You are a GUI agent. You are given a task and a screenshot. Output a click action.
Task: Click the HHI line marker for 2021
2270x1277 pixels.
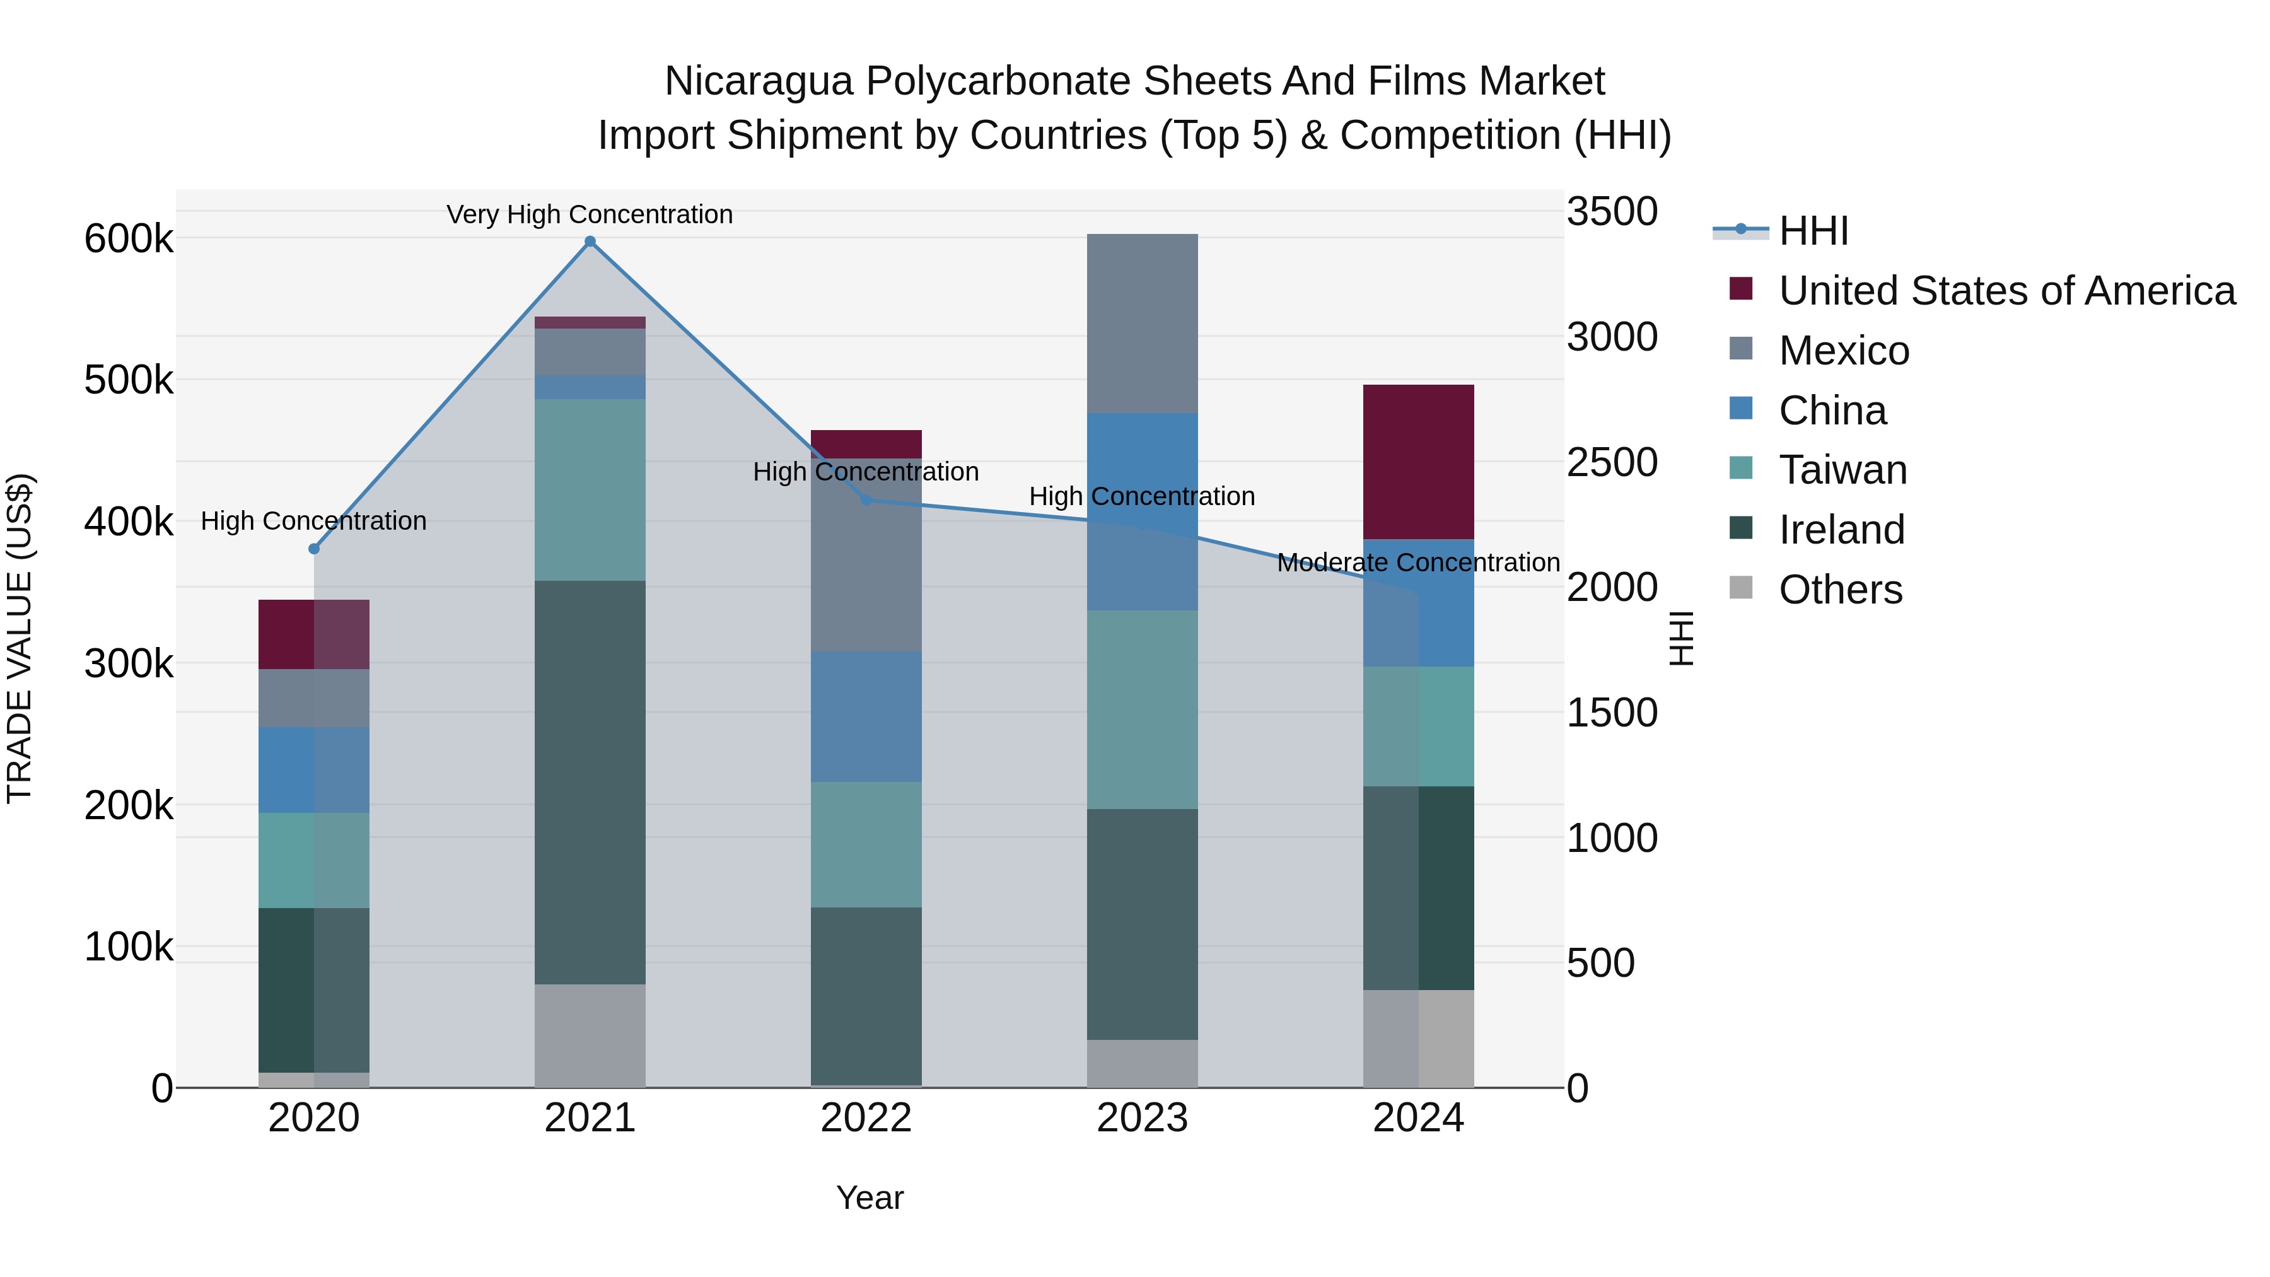(x=590, y=242)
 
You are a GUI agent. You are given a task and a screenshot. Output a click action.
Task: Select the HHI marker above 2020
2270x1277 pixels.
(x=314, y=549)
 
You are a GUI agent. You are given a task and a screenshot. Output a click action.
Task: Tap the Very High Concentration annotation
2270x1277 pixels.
(x=590, y=214)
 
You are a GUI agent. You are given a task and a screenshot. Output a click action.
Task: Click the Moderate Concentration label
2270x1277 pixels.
(x=1418, y=563)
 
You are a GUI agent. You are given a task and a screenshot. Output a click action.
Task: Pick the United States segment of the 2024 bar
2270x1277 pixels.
(x=1418, y=462)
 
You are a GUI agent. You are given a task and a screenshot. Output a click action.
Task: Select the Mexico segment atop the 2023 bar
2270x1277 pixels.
(x=1142, y=324)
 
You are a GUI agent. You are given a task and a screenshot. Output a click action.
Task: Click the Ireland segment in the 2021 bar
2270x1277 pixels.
(x=590, y=782)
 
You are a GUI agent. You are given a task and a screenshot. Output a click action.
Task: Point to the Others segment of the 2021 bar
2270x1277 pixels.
(x=590, y=1035)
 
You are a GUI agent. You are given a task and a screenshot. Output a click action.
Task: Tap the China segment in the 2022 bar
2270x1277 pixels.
(x=865, y=716)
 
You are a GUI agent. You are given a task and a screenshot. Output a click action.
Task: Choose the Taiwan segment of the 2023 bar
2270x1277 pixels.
(x=1142, y=709)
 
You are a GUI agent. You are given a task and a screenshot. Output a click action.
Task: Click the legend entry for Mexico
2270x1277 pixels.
(x=1844, y=351)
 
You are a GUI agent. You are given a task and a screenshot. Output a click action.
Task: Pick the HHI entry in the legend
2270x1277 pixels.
(x=1813, y=231)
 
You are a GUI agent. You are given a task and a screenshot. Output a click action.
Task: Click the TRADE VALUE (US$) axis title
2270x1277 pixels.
(x=20, y=638)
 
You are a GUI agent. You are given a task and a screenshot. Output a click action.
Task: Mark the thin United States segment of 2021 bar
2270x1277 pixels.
(x=590, y=322)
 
